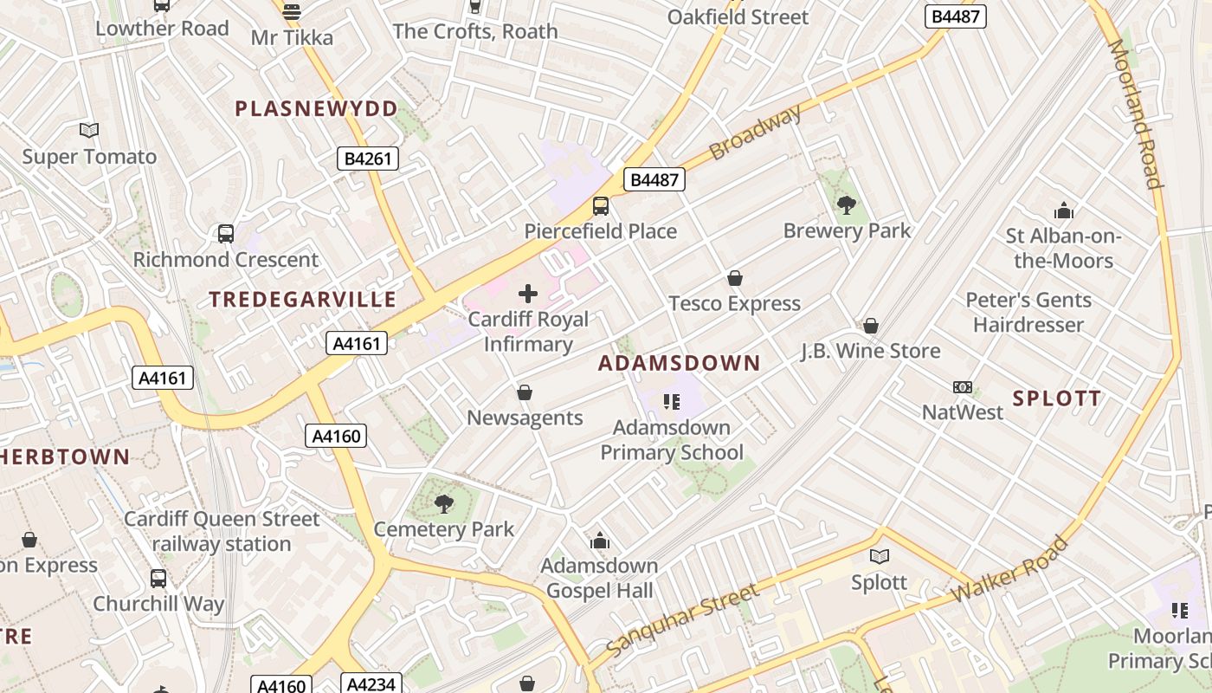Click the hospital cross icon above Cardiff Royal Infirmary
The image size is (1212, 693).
(527, 294)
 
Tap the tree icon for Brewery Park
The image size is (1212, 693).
(847, 205)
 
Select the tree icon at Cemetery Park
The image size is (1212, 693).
(444, 503)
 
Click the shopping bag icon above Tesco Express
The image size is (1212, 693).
(735, 278)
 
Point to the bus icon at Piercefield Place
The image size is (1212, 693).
(600, 206)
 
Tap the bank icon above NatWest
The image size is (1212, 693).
(962, 387)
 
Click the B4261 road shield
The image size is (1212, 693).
(367, 158)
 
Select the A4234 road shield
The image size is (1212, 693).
(371, 683)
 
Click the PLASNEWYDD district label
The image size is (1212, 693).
(317, 109)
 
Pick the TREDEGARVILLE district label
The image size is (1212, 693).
(303, 300)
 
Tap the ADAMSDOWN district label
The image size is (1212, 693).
(679, 363)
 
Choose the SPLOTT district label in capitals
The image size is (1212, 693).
(1057, 398)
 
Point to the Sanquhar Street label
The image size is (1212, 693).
(682, 619)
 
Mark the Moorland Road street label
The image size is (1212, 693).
(1134, 113)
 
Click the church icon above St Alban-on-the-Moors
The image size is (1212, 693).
(1063, 210)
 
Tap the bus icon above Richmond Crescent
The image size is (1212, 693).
(225, 234)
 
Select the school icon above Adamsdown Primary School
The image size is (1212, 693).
(671, 401)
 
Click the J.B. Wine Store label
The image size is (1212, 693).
(870, 351)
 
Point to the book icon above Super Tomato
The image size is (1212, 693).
(89, 131)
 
